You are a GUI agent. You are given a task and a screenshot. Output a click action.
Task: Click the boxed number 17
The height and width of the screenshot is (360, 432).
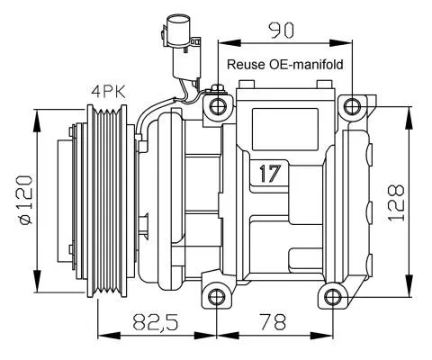(266, 174)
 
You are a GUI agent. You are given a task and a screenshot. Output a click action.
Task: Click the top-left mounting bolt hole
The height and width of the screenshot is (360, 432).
(217, 109)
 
